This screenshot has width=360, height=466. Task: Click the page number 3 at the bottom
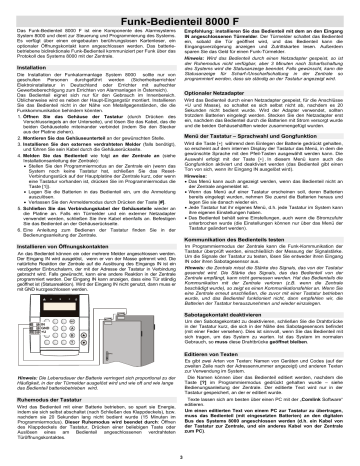click(180, 458)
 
